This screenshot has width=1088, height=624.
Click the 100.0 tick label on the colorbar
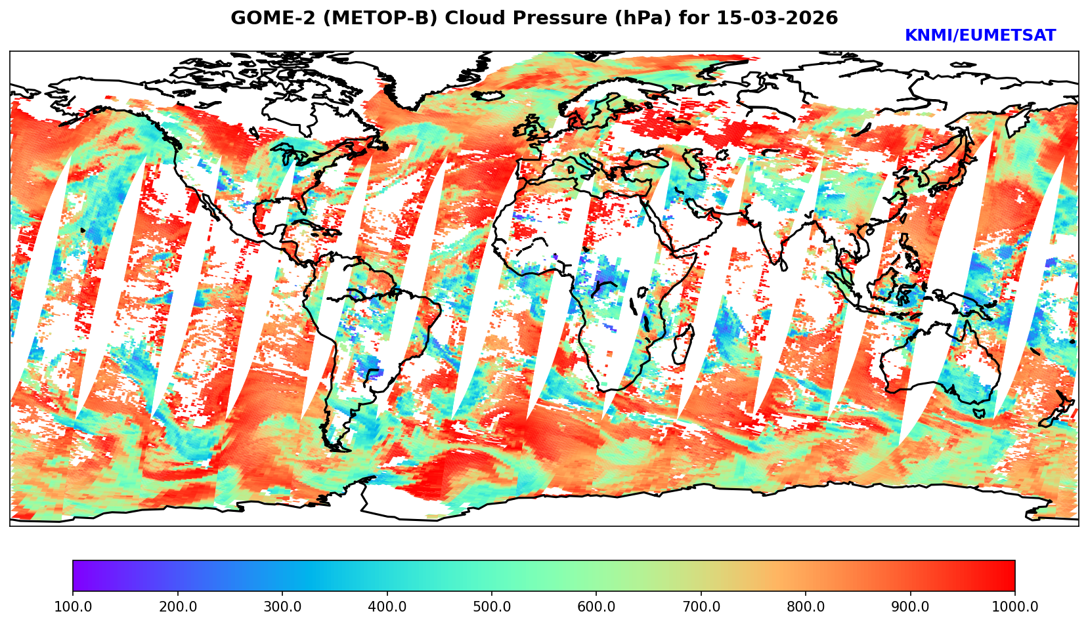(x=73, y=607)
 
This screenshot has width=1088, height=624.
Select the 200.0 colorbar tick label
(x=177, y=607)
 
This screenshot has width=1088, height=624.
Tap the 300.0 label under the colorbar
(x=282, y=607)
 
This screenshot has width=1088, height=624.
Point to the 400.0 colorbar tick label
(x=387, y=607)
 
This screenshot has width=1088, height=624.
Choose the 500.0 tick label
(x=492, y=607)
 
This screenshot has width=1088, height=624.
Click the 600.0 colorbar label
(x=596, y=607)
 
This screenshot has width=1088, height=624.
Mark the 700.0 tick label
(x=701, y=607)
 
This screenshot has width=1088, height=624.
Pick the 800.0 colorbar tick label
(x=806, y=607)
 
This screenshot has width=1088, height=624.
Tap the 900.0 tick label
(x=911, y=607)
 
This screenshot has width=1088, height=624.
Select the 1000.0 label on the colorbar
(x=1015, y=607)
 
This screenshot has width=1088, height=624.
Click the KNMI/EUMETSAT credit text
(x=980, y=36)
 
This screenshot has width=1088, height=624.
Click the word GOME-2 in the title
(x=263, y=18)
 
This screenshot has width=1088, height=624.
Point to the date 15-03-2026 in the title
(x=777, y=18)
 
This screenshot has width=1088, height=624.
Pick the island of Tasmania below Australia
(x=979, y=413)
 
